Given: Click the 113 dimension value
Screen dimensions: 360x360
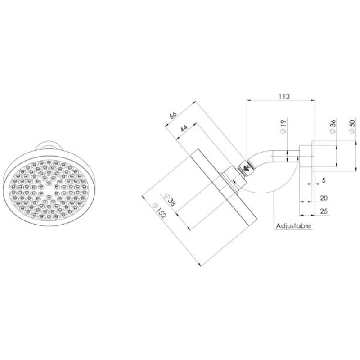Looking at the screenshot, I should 283,96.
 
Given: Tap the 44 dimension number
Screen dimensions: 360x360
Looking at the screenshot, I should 184,127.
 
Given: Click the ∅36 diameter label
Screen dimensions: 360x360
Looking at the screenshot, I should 332,127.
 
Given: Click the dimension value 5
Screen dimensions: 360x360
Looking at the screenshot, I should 324,180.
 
